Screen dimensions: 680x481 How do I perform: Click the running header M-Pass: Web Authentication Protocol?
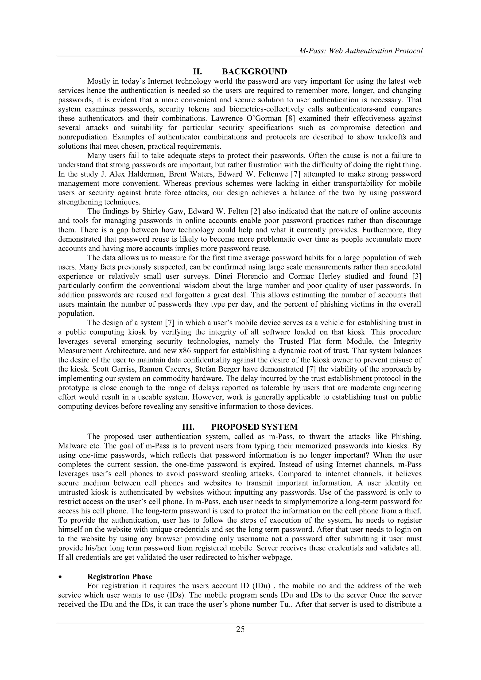coord(361,51)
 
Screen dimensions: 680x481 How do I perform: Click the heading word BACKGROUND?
coord(254,72)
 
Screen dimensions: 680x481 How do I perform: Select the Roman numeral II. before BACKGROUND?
coord(197,72)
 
